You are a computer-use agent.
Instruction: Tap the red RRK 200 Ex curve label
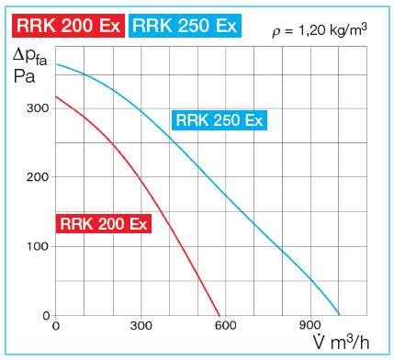click(103, 223)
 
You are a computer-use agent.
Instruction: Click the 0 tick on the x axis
click(56, 326)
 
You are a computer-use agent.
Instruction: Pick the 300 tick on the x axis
click(141, 326)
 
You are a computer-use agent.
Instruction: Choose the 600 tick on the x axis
click(225, 326)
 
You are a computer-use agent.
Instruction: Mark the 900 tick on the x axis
click(310, 326)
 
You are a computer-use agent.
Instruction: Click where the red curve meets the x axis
click(220, 315)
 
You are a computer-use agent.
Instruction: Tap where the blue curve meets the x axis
click(339, 315)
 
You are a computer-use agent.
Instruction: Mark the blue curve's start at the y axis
click(56, 64)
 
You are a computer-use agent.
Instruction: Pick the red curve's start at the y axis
click(56, 96)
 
